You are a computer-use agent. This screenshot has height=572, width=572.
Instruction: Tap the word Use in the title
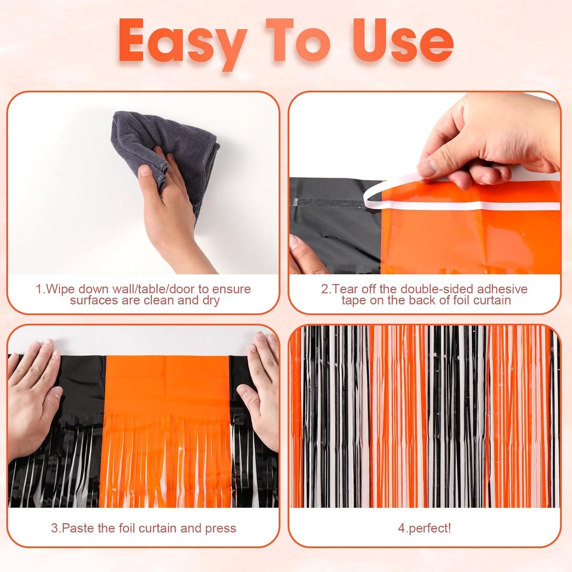tap(403, 41)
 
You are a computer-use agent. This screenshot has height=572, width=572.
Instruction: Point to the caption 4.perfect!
tap(424, 528)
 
